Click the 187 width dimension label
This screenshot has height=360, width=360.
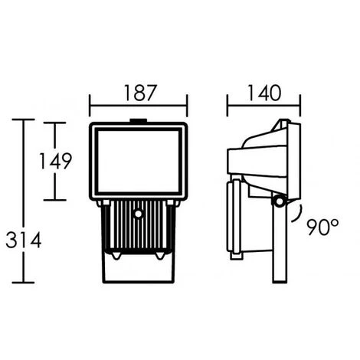point(140,93)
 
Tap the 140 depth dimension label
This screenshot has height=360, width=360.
point(264,93)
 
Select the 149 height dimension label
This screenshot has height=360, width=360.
point(55,161)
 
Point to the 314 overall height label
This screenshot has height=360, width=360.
point(24,240)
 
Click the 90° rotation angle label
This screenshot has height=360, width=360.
point(322,227)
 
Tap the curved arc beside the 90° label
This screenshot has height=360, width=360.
point(299,214)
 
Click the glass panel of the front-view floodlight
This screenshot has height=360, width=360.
point(139,162)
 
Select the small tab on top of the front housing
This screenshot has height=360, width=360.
point(139,120)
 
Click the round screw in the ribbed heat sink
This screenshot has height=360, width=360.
point(138,214)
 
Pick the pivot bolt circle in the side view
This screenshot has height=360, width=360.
point(279,201)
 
